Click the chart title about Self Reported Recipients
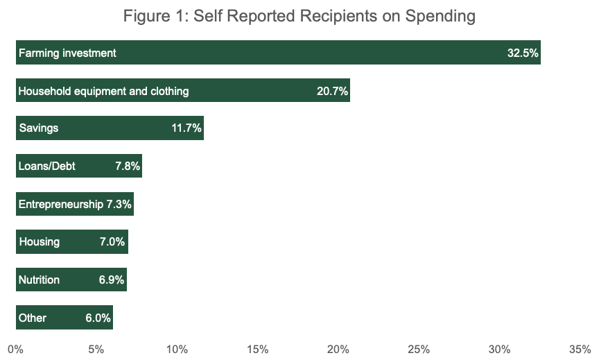299,16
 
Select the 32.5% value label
523,53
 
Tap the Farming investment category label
67,53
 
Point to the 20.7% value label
332,91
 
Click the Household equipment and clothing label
103,91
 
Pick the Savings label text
38,128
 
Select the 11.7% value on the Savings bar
186,128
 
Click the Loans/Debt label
46,166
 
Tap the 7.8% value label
127,166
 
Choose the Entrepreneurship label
60,205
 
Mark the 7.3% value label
119,205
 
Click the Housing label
39,242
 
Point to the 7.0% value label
112,242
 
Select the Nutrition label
39,280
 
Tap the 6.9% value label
111,280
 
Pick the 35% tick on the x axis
580,349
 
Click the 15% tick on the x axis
257,349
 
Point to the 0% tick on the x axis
15,349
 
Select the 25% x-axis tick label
419,349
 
